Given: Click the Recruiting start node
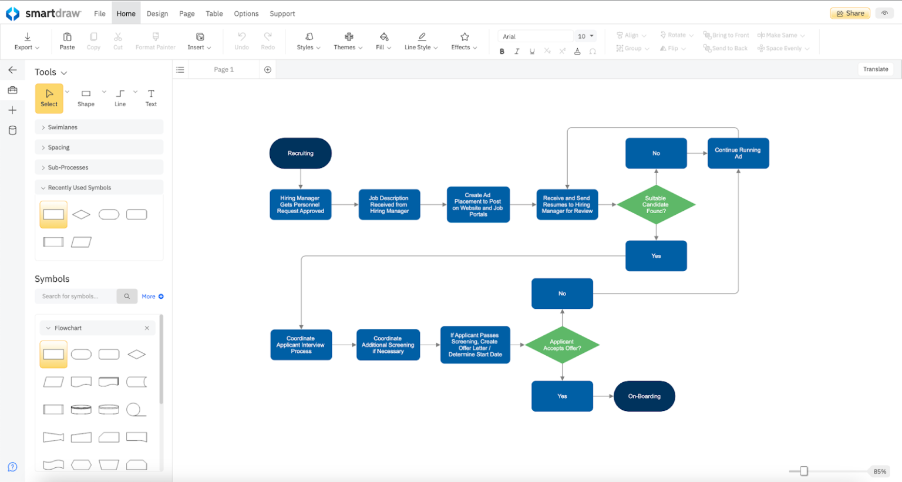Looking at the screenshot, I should click(x=300, y=153).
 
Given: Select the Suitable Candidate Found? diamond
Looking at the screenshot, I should click(x=655, y=204).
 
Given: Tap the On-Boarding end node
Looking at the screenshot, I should click(x=644, y=396).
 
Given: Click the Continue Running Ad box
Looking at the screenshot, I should click(x=738, y=153).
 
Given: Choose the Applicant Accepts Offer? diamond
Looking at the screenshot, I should click(x=562, y=345).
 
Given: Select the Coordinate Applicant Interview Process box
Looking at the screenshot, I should click(x=301, y=345).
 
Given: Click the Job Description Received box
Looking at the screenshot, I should click(x=389, y=204).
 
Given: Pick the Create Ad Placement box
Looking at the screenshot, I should click(x=478, y=204).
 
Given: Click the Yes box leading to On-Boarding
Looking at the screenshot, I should click(x=562, y=396).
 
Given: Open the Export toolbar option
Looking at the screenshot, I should click(x=27, y=41).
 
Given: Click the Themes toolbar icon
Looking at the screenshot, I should click(x=348, y=41).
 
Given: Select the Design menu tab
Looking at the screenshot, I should click(x=157, y=14).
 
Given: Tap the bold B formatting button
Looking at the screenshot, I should click(x=502, y=52).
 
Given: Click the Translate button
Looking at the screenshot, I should click(x=875, y=69).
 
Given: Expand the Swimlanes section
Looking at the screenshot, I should click(x=62, y=127).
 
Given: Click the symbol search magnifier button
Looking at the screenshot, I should click(x=127, y=296).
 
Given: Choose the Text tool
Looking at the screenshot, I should click(x=151, y=97).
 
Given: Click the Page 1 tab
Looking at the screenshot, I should click(x=224, y=69).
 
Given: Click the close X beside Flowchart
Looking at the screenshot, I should click(x=147, y=328).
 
